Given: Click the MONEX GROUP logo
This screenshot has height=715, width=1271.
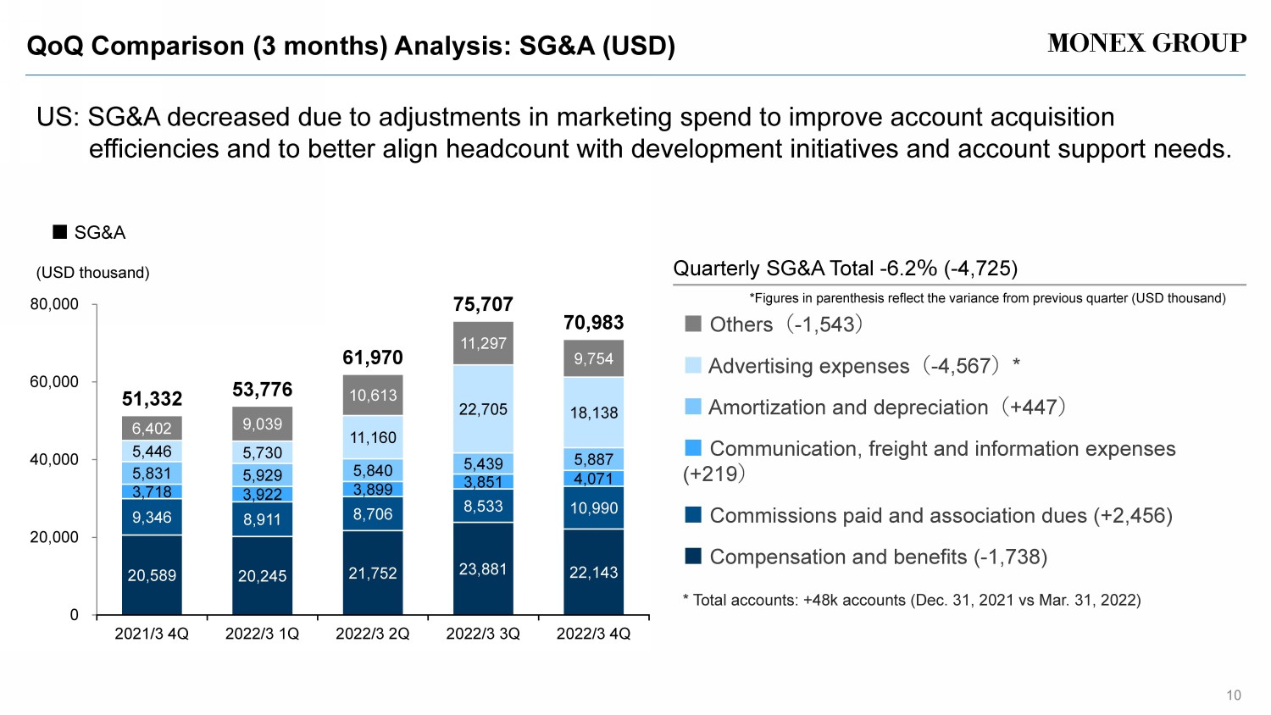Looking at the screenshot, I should pyautogui.click(x=1146, y=43).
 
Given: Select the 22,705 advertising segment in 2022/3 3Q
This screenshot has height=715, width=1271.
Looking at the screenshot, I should pyautogui.click(x=483, y=409).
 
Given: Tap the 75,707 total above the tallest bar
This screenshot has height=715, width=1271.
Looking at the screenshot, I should pyautogui.click(x=483, y=304).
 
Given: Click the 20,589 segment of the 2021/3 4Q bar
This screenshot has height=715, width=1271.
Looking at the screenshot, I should pyautogui.click(x=152, y=575).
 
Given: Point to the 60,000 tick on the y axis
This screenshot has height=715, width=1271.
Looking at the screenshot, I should pyautogui.click(x=54, y=382).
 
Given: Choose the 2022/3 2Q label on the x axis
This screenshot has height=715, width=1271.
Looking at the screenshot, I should pyautogui.click(x=373, y=634).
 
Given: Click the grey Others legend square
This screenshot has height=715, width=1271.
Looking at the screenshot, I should pyautogui.click(x=693, y=324).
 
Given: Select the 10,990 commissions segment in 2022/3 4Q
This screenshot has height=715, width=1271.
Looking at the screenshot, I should pyautogui.click(x=594, y=507).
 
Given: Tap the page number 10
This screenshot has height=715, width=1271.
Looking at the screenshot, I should pyautogui.click(x=1234, y=696).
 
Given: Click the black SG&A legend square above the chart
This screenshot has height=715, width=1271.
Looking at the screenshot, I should pyautogui.click(x=60, y=232).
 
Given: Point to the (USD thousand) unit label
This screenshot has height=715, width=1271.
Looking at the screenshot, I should pyautogui.click(x=92, y=273).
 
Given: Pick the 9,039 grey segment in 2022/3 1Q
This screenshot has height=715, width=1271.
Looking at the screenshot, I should pyautogui.click(x=262, y=424).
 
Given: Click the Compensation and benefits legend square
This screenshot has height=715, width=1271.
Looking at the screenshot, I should pyautogui.click(x=693, y=556).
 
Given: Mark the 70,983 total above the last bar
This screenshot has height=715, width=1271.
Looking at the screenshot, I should pyautogui.click(x=594, y=323).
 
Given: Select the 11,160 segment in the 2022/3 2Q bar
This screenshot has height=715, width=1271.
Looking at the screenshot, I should pyautogui.click(x=373, y=438).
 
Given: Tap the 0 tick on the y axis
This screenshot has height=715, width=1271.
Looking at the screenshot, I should pyautogui.click(x=74, y=615).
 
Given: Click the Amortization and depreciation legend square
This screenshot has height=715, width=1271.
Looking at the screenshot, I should pyautogui.click(x=693, y=407).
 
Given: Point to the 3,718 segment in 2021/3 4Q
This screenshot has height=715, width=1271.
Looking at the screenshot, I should pyautogui.click(x=152, y=491).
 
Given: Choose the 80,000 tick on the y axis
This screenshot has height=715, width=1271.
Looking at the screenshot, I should pyautogui.click(x=54, y=304).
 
